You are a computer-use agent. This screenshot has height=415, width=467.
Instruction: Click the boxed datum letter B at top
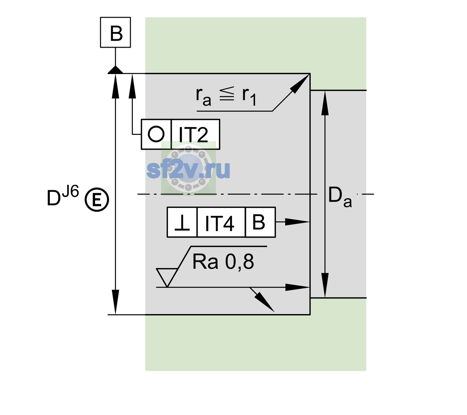[116, 33]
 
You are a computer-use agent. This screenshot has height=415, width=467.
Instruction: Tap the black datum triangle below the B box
[115, 70]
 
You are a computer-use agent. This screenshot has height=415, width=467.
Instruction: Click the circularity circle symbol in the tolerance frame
[156, 134]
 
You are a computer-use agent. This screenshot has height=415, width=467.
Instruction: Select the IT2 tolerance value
[193, 134]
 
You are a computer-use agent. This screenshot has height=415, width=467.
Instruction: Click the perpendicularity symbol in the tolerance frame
[182, 223]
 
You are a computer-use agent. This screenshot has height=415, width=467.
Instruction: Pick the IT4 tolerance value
[219, 223]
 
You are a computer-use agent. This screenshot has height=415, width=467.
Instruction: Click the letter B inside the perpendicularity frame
[259, 222]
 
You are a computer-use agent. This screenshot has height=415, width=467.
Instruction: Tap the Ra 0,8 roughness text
[223, 261]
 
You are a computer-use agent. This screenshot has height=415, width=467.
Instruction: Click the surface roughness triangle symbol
[167, 277]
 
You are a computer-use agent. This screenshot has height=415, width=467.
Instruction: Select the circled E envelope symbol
[97, 200]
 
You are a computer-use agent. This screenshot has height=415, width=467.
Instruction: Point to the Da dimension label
[340, 197]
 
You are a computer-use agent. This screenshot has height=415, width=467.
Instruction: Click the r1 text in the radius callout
[249, 96]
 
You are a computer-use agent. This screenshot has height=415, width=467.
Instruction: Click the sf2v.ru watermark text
[188, 170]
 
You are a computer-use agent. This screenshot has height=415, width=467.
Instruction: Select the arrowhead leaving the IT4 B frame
[297, 222]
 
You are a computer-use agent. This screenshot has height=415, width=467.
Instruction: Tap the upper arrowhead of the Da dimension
[325, 103]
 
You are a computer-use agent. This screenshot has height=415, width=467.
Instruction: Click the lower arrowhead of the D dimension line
[115, 302]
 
